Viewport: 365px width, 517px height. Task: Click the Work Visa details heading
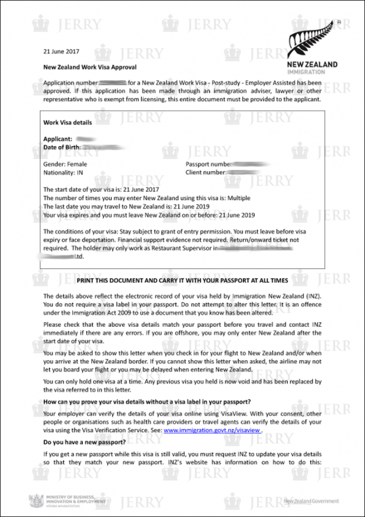68,123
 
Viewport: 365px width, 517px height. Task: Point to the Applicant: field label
58,139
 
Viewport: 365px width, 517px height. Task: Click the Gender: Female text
65,165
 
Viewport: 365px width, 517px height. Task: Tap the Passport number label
208,165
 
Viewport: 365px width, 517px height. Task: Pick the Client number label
206,173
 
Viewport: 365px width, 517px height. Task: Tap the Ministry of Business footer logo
68,501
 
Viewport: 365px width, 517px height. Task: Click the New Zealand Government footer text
311,501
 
